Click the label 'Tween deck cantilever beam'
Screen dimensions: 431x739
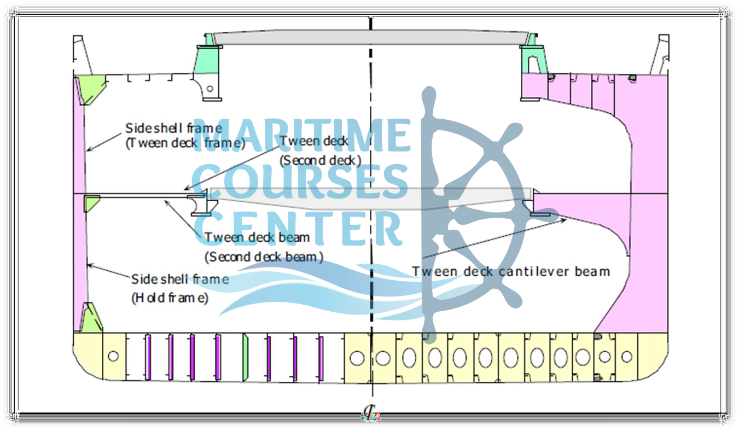(x=511, y=271)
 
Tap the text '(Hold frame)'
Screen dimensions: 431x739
(x=170, y=299)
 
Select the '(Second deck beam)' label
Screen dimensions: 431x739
(x=264, y=257)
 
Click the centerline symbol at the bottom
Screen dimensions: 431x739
(x=371, y=414)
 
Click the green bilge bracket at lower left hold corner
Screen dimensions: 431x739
(x=90, y=318)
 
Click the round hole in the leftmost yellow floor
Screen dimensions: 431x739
(x=113, y=356)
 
